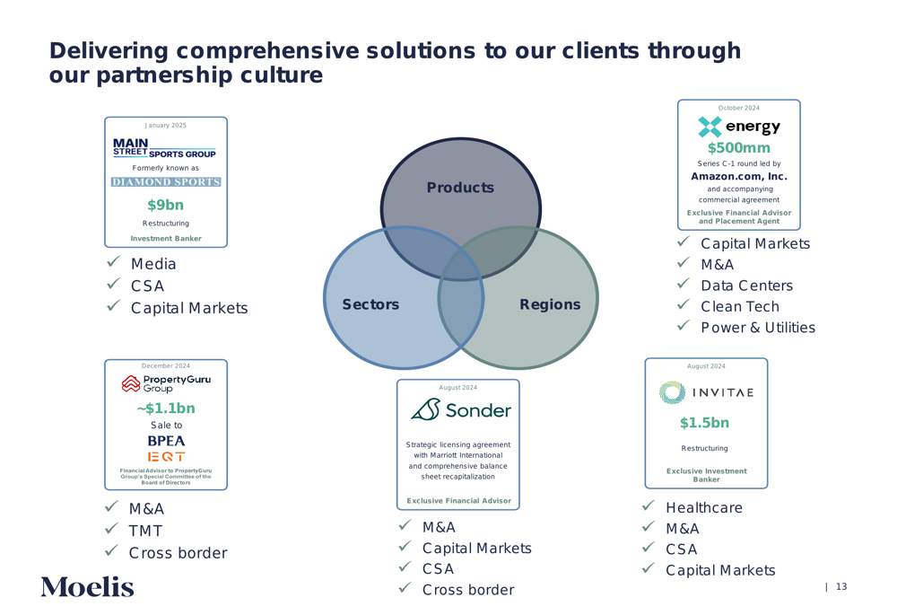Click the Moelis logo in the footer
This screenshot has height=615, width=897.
(x=88, y=587)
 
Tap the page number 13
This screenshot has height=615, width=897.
(x=841, y=586)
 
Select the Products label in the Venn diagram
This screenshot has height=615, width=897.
(x=460, y=188)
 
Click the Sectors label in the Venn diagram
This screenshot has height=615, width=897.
(x=370, y=304)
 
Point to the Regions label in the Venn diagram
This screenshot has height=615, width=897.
(x=550, y=304)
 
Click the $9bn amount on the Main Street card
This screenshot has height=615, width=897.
(x=165, y=205)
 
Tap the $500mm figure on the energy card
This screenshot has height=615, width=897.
(x=738, y=148)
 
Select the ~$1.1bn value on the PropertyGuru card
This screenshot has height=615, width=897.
(x=166, y=409)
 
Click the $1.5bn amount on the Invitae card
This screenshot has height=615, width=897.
(x=704, y=423)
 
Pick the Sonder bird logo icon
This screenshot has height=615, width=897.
(x=425, y=410)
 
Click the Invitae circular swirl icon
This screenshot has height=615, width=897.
(x=672, y=393)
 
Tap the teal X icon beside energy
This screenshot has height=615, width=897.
(x=710, y=127)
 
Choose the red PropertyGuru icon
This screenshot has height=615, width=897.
(x=131, y=383)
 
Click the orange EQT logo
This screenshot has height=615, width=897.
(x=166, y=456)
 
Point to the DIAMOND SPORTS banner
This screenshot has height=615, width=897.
(x=166, y=181)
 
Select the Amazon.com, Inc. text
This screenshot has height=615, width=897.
(x=738, y=176)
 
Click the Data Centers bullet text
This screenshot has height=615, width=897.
(x=746, y=286)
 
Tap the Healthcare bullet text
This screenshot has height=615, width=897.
(x=703, y=507)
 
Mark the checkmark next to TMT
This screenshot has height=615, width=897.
(x=111, y=529)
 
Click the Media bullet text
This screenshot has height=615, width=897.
(x=153, y=264)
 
